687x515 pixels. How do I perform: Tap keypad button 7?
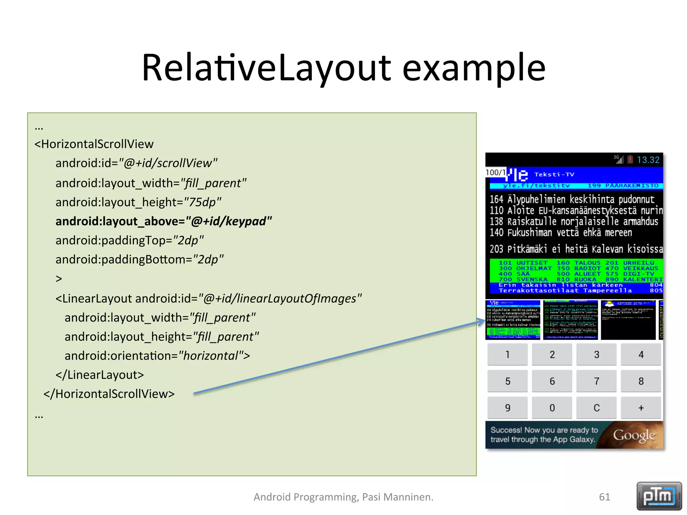(x=596, y=381)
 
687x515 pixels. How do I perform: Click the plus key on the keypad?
(x=641, y=408)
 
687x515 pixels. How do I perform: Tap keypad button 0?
(x=552, y=408)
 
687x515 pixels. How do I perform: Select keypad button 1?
(x=507, y=354)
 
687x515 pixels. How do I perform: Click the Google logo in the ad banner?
(x=634, y=435)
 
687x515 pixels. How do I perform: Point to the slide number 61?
(x=604, y=497)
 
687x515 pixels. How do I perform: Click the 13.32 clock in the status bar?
(x=648, y=160)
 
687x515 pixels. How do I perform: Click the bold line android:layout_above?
(x=163, y=221)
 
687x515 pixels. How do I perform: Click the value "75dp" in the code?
(x=202, y=202)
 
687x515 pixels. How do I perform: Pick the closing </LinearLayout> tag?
(x=100, y=375)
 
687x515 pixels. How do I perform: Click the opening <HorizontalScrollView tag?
(x=94, y=144)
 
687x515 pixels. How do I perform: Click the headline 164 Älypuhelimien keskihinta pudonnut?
(x=572, y=199)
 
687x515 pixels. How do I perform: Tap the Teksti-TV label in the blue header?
(x=554, y=174)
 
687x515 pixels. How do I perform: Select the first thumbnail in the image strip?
(x=513, y=320)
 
